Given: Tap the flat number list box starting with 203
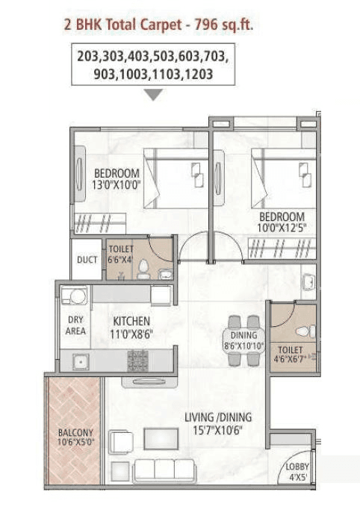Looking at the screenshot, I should (x=153, y=65).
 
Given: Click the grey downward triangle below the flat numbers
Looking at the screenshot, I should (x=153, y=95).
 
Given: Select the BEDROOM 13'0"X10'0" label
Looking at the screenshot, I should (x=116, y=180).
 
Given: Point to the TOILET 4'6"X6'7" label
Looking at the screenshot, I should (x=290, y=354).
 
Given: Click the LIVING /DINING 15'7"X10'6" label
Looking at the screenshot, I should (x=218, y=423).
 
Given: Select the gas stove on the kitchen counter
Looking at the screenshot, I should (x=138, y=361).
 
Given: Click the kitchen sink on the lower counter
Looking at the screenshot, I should (x=78, y=362).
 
